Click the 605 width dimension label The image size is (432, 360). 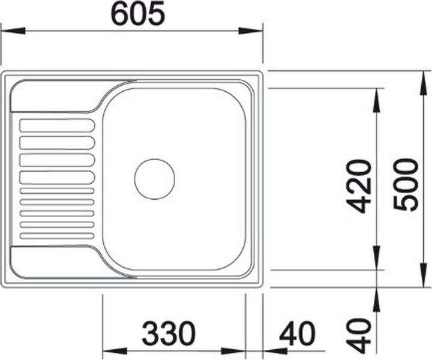(137, 14)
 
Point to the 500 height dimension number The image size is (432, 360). (406, 184)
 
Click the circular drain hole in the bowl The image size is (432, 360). (154, 179)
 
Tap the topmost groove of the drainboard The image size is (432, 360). (58, 125)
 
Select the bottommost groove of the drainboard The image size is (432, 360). (58, 235)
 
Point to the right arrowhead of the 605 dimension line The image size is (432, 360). (251, 30)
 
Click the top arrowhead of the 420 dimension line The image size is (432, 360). (376, 99)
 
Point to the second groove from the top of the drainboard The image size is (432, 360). (58, 142)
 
